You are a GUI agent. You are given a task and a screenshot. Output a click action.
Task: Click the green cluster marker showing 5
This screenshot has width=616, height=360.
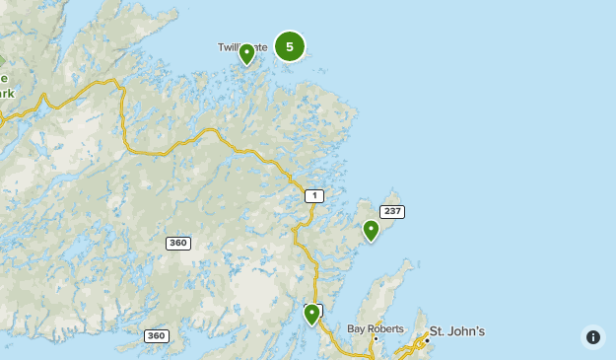click(289, 46)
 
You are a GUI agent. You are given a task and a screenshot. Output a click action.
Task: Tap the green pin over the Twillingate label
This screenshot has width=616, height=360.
click(247, 54)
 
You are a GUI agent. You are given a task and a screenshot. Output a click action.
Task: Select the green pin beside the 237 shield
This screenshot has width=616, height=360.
click(371, 231)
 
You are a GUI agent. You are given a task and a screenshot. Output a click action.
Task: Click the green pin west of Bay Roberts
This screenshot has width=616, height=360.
click(311, 315)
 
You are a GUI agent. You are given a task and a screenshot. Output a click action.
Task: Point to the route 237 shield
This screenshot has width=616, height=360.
click(392, 211)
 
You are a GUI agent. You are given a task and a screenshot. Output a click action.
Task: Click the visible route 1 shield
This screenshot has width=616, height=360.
click(313, 195)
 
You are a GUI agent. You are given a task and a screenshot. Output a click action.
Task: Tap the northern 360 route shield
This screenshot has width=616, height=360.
click(177, 243)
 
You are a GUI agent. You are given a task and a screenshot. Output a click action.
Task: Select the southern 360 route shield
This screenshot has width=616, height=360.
click(156, 335)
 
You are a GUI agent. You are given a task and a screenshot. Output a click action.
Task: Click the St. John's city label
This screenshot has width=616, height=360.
click(456, 331)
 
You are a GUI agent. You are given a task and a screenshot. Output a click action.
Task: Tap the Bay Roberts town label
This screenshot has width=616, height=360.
click(376, 327)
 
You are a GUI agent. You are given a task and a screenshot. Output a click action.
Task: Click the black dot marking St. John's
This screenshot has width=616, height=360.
click(427, 340)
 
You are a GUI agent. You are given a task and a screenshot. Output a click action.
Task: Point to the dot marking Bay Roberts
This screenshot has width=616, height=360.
click(376, 338)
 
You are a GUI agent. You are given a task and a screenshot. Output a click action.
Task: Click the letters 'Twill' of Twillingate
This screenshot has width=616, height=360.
click(228, 47)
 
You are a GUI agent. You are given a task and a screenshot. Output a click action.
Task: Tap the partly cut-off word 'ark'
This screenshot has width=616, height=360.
click(6, 94)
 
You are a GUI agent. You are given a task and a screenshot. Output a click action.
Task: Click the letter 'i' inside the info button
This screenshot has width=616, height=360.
click(593, 337)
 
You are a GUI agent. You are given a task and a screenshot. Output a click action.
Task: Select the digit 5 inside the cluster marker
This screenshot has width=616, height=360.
click(289, 46)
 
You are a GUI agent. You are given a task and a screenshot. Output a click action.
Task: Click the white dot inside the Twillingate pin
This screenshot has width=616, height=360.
click(247, 51)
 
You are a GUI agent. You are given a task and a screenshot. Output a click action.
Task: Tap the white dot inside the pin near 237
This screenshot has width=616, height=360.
click(371, 228)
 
